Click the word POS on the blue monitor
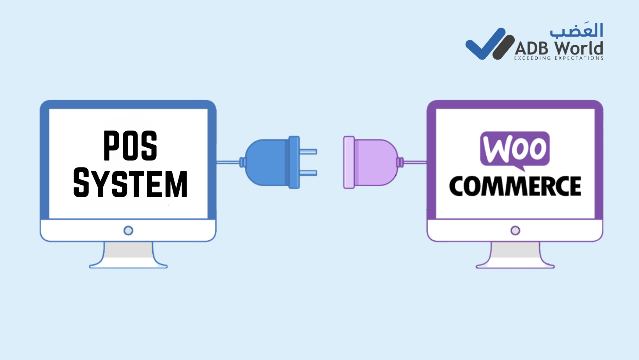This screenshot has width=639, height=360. pyautogui.click(x=130, y=145)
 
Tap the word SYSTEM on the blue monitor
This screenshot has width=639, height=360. pyautogui.click(x=131, y=183)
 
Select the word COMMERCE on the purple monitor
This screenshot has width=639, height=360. pyautogui.click(x=515, y=186)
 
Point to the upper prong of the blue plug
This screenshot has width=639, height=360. pyautogui.click(x=308, y=152)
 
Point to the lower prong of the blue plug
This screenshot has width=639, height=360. pyautogui.click(x=308, y=173)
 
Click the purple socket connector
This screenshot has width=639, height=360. pyautogui.click(x=371, y=162)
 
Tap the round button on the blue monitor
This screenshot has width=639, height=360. pyautogui.click(x=128, y=231)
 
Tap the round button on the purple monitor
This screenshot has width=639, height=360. pyautogui.click(x=515, y=231)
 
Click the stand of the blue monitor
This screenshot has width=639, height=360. pyautogui.click(x=128, y=255)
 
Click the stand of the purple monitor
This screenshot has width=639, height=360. pyautogui.click(x=515, y=255)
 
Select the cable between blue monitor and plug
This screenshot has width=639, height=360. pyautogui.click(x=228, y=162)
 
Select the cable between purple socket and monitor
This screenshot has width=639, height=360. pyautogui.click(x=415, y=162)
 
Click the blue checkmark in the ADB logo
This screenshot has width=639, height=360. pyautogui.click(x=485, y=44)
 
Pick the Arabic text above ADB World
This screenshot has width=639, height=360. pyautogui.click(x=576, y=30)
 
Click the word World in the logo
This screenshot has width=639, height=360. pyautogui.click(x=579, y=48)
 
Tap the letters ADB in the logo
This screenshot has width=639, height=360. pyautogui.click(x=531, y=48)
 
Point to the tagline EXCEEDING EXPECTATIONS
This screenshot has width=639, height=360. pyautogui.click(x=559, y=58)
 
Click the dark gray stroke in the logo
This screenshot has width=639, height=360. pyautogui.click(x=503, y=47)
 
